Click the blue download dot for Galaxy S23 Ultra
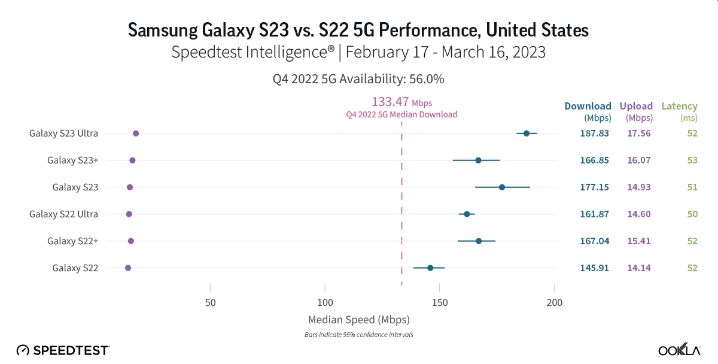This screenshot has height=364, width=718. [527, 134]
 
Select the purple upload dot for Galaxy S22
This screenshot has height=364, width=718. [128, 268]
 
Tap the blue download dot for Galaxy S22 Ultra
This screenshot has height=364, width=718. [467, 214]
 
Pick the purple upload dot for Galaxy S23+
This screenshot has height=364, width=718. [132, 160]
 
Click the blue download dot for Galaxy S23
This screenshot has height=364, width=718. [502, 187]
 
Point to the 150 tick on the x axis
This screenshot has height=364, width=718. [440, 302]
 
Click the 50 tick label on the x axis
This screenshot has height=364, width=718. [210, 302]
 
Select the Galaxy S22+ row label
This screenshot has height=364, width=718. [72, 241]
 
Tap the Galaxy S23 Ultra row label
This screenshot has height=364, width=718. [63, 133]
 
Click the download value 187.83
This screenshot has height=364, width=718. [594, 133]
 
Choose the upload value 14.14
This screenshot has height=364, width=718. [638, 268]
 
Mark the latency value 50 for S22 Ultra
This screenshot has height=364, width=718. [692, 214]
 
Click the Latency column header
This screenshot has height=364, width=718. [679, 107]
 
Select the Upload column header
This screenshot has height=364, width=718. [636, 107]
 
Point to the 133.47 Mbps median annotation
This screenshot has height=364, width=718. [401, 102]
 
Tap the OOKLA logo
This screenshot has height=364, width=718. [680, 350]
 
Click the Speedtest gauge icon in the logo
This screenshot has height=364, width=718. [23, 350]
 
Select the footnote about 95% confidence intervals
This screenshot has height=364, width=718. [358, 335]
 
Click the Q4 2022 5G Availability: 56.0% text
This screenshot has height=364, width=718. [358, 78]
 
